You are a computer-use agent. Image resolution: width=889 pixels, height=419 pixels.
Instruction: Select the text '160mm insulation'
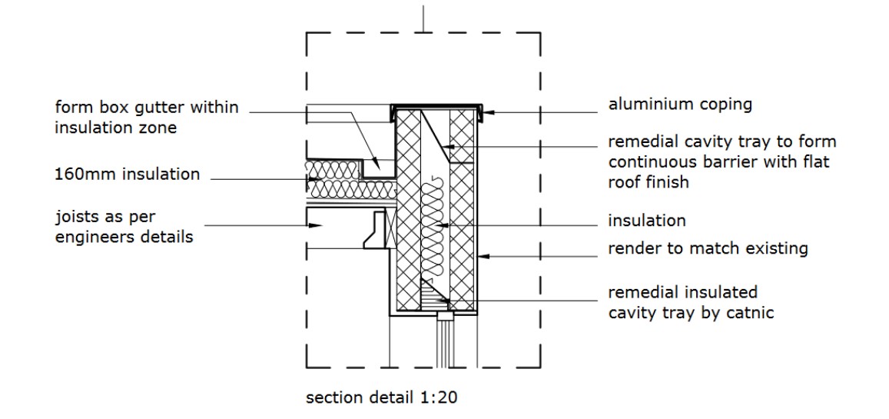pyautogui.click(x=127, y=175)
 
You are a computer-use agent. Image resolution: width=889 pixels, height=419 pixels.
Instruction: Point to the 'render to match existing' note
pyautogui.click(x=708, y=248)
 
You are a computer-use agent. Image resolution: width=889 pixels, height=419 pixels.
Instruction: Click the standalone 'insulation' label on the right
pyautogui.click(x=646, y=221)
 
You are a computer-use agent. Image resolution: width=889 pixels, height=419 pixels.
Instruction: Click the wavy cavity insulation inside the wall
pyautogui.click(x=435, y=231)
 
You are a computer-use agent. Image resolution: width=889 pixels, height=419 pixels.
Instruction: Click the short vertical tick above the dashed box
pyautogui.click(x=424, y=17)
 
